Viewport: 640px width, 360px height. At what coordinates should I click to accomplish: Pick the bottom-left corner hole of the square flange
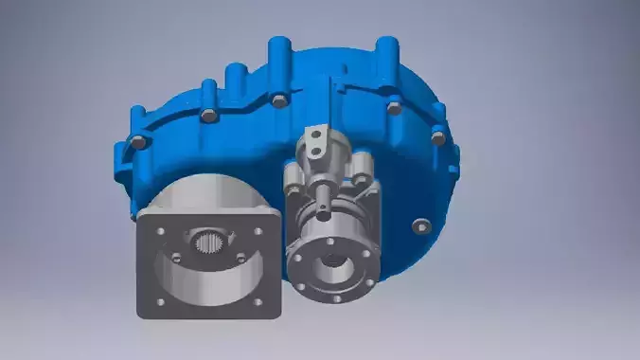(158, 302)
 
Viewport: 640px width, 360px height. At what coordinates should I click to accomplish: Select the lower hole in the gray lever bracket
(311, 153)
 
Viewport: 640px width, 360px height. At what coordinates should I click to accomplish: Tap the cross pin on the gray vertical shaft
(323, 210)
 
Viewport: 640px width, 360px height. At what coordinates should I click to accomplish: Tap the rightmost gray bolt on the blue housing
(437, 137)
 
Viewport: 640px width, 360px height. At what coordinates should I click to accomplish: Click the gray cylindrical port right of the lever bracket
(360, 170)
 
